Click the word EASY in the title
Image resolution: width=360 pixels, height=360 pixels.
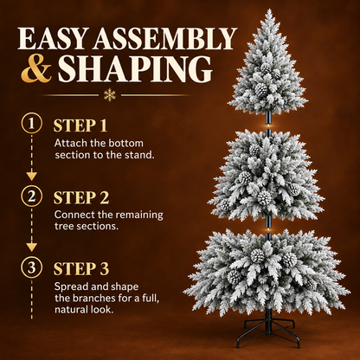click(x=53, y=38)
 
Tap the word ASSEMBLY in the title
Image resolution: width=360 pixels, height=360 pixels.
click(x=164, y=38)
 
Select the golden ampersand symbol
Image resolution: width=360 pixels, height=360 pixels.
click(x=36, y=69)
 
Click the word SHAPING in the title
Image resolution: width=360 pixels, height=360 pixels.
click(x=135, y=69)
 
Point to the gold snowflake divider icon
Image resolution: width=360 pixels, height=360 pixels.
click(x=110, y=95)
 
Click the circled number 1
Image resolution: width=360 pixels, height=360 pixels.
click(x=31, y=123)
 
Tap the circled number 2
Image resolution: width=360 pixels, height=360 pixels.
click(x=31, y=196)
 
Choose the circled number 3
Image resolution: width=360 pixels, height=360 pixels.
click(x=31, y=267)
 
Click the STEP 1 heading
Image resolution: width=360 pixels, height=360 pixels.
click(x=80, y=125)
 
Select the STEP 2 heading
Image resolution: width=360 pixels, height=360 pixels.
click(x=81, y=197)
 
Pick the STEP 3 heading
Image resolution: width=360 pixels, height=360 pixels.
click(x=81, y=269)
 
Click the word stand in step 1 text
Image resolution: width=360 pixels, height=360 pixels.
click(x=139, y=155)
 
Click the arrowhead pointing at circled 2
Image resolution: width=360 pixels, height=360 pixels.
click(x=31, y=176)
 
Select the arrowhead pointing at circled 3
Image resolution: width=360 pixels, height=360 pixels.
click(x=31, y=247)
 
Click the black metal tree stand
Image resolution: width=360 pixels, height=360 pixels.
click(x=268, y=329)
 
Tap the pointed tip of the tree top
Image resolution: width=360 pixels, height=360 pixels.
click(x=269, y=10)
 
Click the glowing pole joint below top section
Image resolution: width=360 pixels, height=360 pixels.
click(x=268, y=126)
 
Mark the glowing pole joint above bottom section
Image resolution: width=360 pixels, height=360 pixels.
click(x=268, y=230)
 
